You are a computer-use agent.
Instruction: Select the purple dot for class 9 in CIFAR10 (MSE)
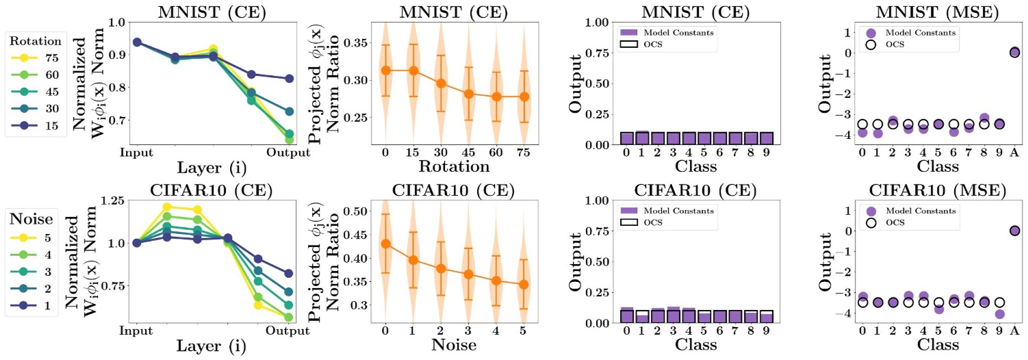[x=999, y=314]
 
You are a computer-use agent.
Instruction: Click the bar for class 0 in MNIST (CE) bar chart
[x=626, y=138]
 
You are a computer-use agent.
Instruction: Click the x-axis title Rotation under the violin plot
[x=454, y=167]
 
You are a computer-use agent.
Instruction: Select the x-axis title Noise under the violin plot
[x=454, y=346]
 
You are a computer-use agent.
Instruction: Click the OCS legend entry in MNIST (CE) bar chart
[x=643, y=45]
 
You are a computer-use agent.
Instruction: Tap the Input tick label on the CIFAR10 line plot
[x=137, y=331]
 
